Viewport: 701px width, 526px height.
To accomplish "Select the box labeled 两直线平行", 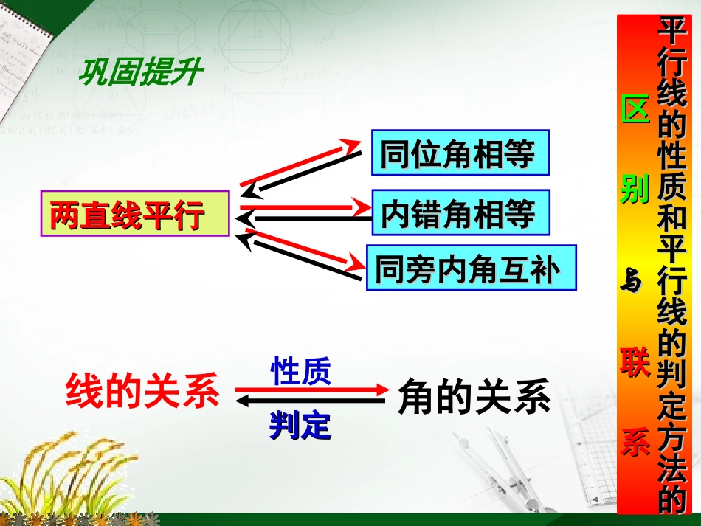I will click(135, 215).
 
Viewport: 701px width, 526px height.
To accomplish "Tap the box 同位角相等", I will click(461, 153).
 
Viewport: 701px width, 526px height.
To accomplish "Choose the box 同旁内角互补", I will click(471, 269).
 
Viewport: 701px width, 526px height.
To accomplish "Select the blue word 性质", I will click(300, 371).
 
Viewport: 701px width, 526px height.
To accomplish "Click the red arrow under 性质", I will click(310, 390).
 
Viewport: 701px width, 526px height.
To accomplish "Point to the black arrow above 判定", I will click(310, 401).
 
